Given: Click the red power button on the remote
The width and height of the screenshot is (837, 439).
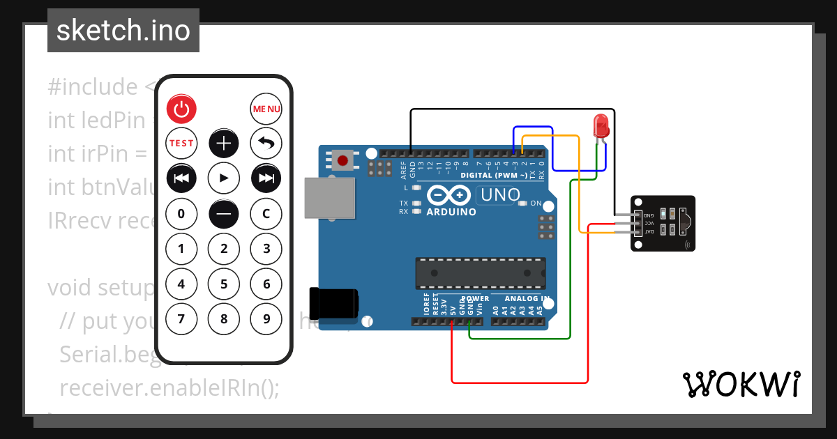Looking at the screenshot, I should pyautogui.click(x=181, y=109).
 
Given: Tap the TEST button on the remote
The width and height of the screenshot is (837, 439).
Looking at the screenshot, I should pyautogui.click(x=181, y=144).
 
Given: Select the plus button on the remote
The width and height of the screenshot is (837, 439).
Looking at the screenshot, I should pyautogui.click(x=224, y=144).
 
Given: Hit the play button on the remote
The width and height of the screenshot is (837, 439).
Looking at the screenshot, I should pyautogui.click(x=224, y=178).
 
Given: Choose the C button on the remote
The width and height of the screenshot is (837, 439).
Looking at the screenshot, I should pyautogui.click(x=266, y=213).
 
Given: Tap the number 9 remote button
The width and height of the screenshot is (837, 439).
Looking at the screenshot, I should pyautogui.click(x=266, y=319).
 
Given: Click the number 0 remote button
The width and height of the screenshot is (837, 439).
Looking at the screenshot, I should pyautogui.click(x=181, y=213).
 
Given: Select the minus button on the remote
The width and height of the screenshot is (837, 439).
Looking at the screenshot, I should pyautogui.click(x=224, y=213).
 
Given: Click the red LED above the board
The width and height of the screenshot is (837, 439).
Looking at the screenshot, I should pyautogui.click(x=600, y=126).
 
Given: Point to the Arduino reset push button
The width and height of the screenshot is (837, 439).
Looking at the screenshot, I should pyautogui.click(x=342, y=161).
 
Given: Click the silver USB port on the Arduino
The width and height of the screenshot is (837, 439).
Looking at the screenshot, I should pyautogui.click(x=330, y=197).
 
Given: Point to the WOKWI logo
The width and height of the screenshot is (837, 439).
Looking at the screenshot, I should pyautogui.click(x=741, y=384).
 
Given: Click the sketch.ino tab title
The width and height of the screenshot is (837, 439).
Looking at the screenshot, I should pyautogui.click(x=123, y=31).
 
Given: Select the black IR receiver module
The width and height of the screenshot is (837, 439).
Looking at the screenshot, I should pyautogui.click(x=663, y=223).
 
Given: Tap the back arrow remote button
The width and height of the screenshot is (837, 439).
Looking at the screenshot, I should pyautogui.click(x=266, y=144).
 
